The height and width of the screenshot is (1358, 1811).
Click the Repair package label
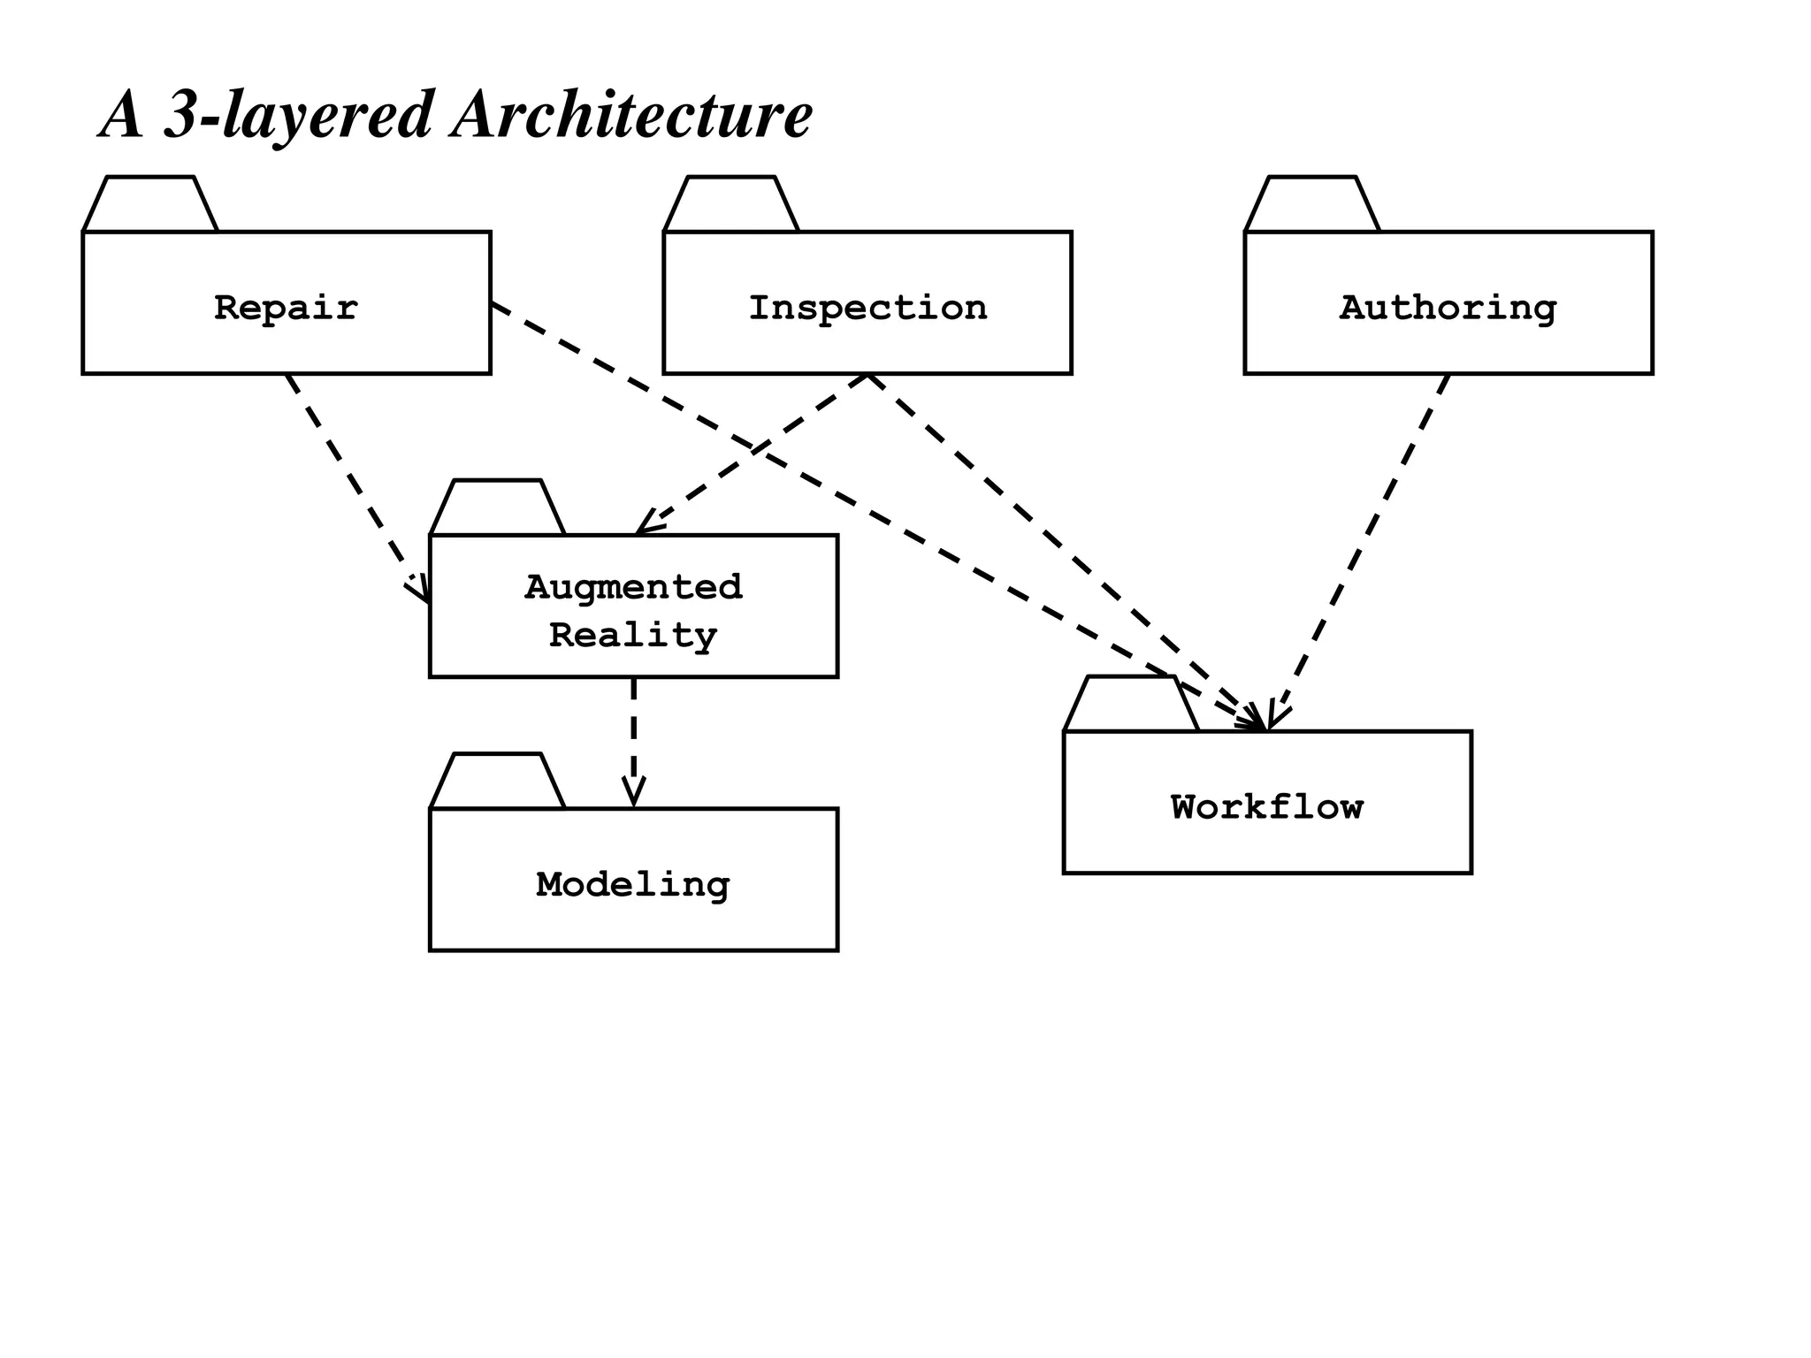click(x=286, y=308)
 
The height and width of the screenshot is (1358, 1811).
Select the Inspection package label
click(x=867, y=308)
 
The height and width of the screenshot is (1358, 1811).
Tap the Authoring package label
click(x=1448, y=308)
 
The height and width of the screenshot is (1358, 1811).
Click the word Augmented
click(x=633, y=587)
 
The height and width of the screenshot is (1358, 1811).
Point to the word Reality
click(x=633, y=636)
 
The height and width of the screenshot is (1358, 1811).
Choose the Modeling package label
click(x=633, y=884)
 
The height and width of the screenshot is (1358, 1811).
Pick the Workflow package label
click(x=1266, y=806)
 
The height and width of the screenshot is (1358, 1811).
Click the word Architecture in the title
click(x=631, y=115)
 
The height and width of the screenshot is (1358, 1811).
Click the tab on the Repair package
click(x=150, y=205)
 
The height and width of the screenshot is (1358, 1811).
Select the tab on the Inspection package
click(x=731, y=205)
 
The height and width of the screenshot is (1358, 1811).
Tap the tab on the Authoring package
click(x=1312, y=205)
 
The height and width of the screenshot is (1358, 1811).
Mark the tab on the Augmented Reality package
click(x=497, y=508)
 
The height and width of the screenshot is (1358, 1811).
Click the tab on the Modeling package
click(x=497, y=782)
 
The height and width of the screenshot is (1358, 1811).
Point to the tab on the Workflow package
click(x=1131, y=705)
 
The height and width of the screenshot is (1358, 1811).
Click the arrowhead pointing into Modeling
click(x=633, y=794)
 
